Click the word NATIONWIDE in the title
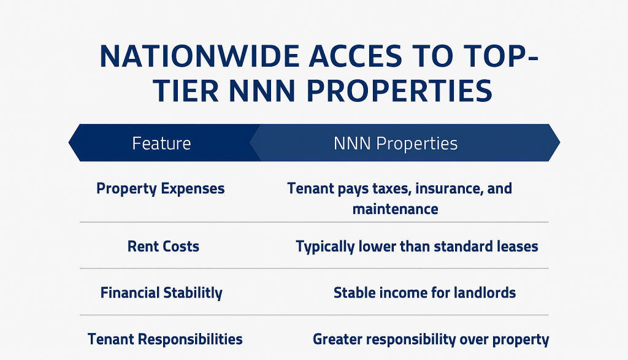click(x=199, y=56)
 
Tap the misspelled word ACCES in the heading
click(x=355, y=56)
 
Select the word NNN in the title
click(x=262, y=91)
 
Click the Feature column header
click(x=161, y=144)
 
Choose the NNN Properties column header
click(x=396, y=144)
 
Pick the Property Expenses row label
click(x=161, y=189)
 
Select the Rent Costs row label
click(x=163, y=247)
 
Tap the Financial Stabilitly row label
click(x=161, y=293)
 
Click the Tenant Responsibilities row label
click(x=165, y=339)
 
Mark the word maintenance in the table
click(x=396, y=209)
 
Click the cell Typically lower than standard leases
click(x=417, y=247)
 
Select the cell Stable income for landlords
click(x=424, y=293)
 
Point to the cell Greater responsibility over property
click(x=431, y=340)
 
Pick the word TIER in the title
click(x=186, y=91)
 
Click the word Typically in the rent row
click(x=325, y=247)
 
